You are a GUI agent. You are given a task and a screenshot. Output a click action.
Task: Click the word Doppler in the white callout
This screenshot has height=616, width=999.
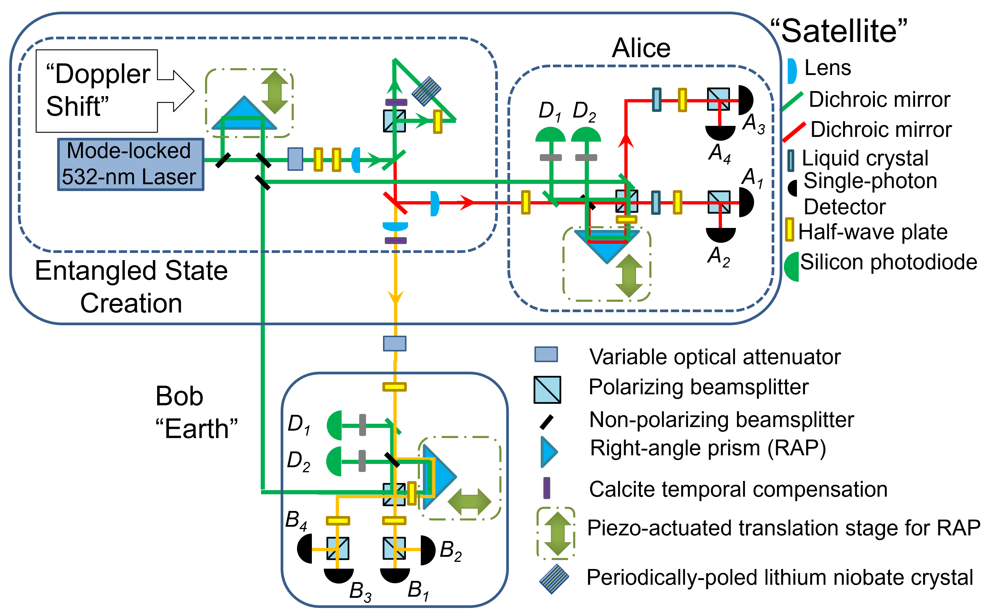pyautogui.click(x=103, y=75)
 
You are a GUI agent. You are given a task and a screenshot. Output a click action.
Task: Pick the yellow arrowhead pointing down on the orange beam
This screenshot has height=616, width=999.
pyautogui.click(x=395, y=297)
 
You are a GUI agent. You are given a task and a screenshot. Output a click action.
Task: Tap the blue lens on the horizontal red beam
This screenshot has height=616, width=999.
pyautogui.click(x=435, y=203)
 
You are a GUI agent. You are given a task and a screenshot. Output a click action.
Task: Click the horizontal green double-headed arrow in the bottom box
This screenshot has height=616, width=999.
pyautogui.click(x=469, y=501)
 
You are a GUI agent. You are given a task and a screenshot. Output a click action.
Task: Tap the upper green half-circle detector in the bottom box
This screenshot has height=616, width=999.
pyautogui.click(x=335, y=425)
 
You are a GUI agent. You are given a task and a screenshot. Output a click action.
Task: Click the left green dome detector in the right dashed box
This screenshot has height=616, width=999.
pyautogui.click(x=551, y=135)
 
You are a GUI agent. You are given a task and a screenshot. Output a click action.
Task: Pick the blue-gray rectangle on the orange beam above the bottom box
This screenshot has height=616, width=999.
pyautogui.click(x=394, y=343)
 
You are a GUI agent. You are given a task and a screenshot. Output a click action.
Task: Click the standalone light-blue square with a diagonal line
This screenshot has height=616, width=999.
pyautogui.click(x=547, y=390)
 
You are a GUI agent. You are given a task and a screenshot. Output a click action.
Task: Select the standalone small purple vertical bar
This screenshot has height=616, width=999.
pyautogui.click(x=547, y=488)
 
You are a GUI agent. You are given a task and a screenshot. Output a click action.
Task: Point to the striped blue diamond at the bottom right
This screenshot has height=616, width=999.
pyautogui.click(x=554, y=579)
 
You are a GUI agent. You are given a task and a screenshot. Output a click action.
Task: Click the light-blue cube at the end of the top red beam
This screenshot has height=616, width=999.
pyautogui.click(x=718, y=99)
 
